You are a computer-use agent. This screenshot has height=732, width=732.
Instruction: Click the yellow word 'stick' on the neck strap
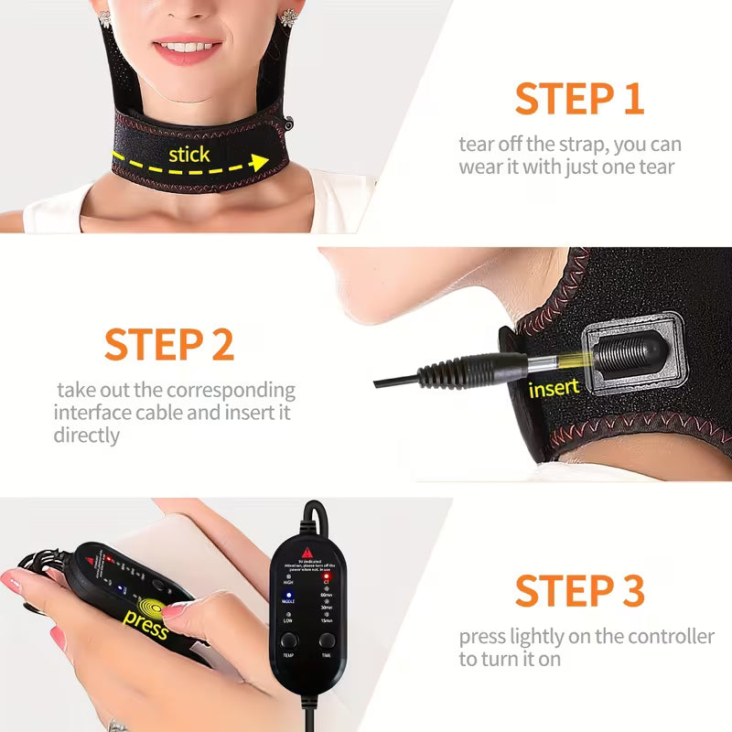tap(188, 154)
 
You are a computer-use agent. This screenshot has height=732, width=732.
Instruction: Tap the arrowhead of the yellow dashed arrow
tap(260, 163)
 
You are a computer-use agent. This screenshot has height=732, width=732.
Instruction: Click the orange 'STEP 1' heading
tap(579, 99)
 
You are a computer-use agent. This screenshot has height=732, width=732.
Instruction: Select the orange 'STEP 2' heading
tap(169, 342)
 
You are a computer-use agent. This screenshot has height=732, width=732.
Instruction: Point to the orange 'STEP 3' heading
tap(579, 590)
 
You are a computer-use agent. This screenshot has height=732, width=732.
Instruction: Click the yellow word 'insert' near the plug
tap(554, 388)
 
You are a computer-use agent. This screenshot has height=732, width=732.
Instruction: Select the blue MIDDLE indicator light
tap(288, 595)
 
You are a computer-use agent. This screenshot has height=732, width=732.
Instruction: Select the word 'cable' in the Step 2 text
tap(153, 413)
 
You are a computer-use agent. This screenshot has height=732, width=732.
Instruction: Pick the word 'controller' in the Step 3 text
tap(670, 636)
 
